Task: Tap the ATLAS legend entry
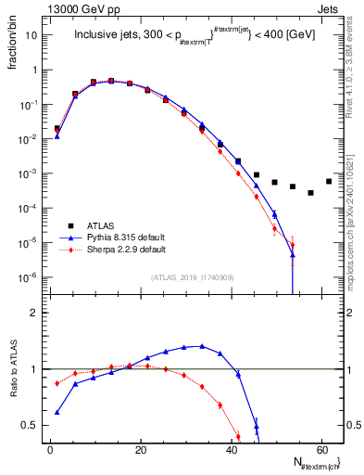tap(109, 225)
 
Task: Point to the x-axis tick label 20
tap(140, 450)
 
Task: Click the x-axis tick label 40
tap(231, 450)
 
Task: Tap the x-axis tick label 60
tap(320, 450)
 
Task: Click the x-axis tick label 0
tap(50, 450)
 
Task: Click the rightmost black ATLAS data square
tap(329, 181)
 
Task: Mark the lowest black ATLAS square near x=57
tap(310, 193)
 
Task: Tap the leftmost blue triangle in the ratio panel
tap(57, 412)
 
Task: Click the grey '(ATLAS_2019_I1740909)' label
tap(195, 277)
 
